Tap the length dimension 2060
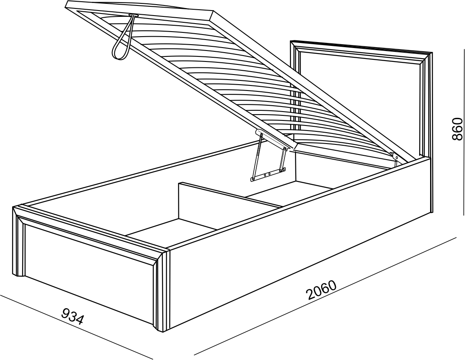pyautogui.click(x=322, y=290)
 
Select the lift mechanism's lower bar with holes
pyautogui.click(x=268, y=174)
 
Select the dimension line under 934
pyautogui.click(x=76, y=327)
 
